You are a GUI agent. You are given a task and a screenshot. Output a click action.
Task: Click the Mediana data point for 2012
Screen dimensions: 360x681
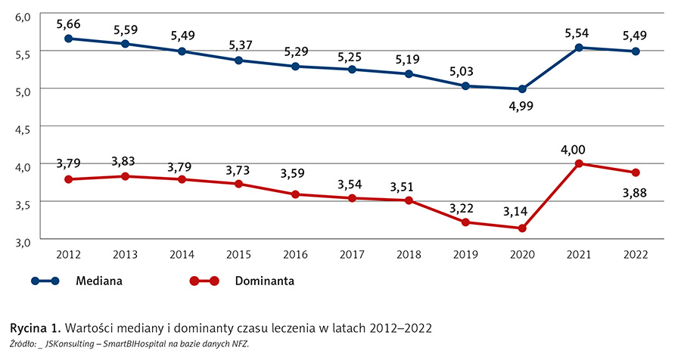68,39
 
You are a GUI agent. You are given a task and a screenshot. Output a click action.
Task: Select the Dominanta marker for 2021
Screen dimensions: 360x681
579,163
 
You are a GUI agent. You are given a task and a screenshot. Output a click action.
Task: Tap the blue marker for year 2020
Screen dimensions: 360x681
522,89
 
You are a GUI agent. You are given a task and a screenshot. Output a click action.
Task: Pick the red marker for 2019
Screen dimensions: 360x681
465,222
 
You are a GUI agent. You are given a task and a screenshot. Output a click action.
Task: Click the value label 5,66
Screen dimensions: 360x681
68,22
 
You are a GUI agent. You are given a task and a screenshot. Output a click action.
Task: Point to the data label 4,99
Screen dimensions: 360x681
522,106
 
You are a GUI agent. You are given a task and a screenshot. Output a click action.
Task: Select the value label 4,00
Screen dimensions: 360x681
579,148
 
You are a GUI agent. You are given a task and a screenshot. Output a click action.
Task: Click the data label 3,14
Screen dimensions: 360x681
522,212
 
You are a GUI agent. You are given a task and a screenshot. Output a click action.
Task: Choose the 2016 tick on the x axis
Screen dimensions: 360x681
295,253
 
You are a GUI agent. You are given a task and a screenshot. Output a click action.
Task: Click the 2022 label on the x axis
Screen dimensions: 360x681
636,253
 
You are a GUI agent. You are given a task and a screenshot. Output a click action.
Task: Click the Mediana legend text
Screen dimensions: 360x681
99,281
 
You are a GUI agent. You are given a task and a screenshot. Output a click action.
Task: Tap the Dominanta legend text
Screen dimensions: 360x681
264,281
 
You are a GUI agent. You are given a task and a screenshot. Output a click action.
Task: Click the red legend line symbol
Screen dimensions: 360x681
204,281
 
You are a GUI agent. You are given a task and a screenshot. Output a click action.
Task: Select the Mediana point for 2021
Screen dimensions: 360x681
579,48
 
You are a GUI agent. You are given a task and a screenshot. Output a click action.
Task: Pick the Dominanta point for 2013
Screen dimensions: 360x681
125,176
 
